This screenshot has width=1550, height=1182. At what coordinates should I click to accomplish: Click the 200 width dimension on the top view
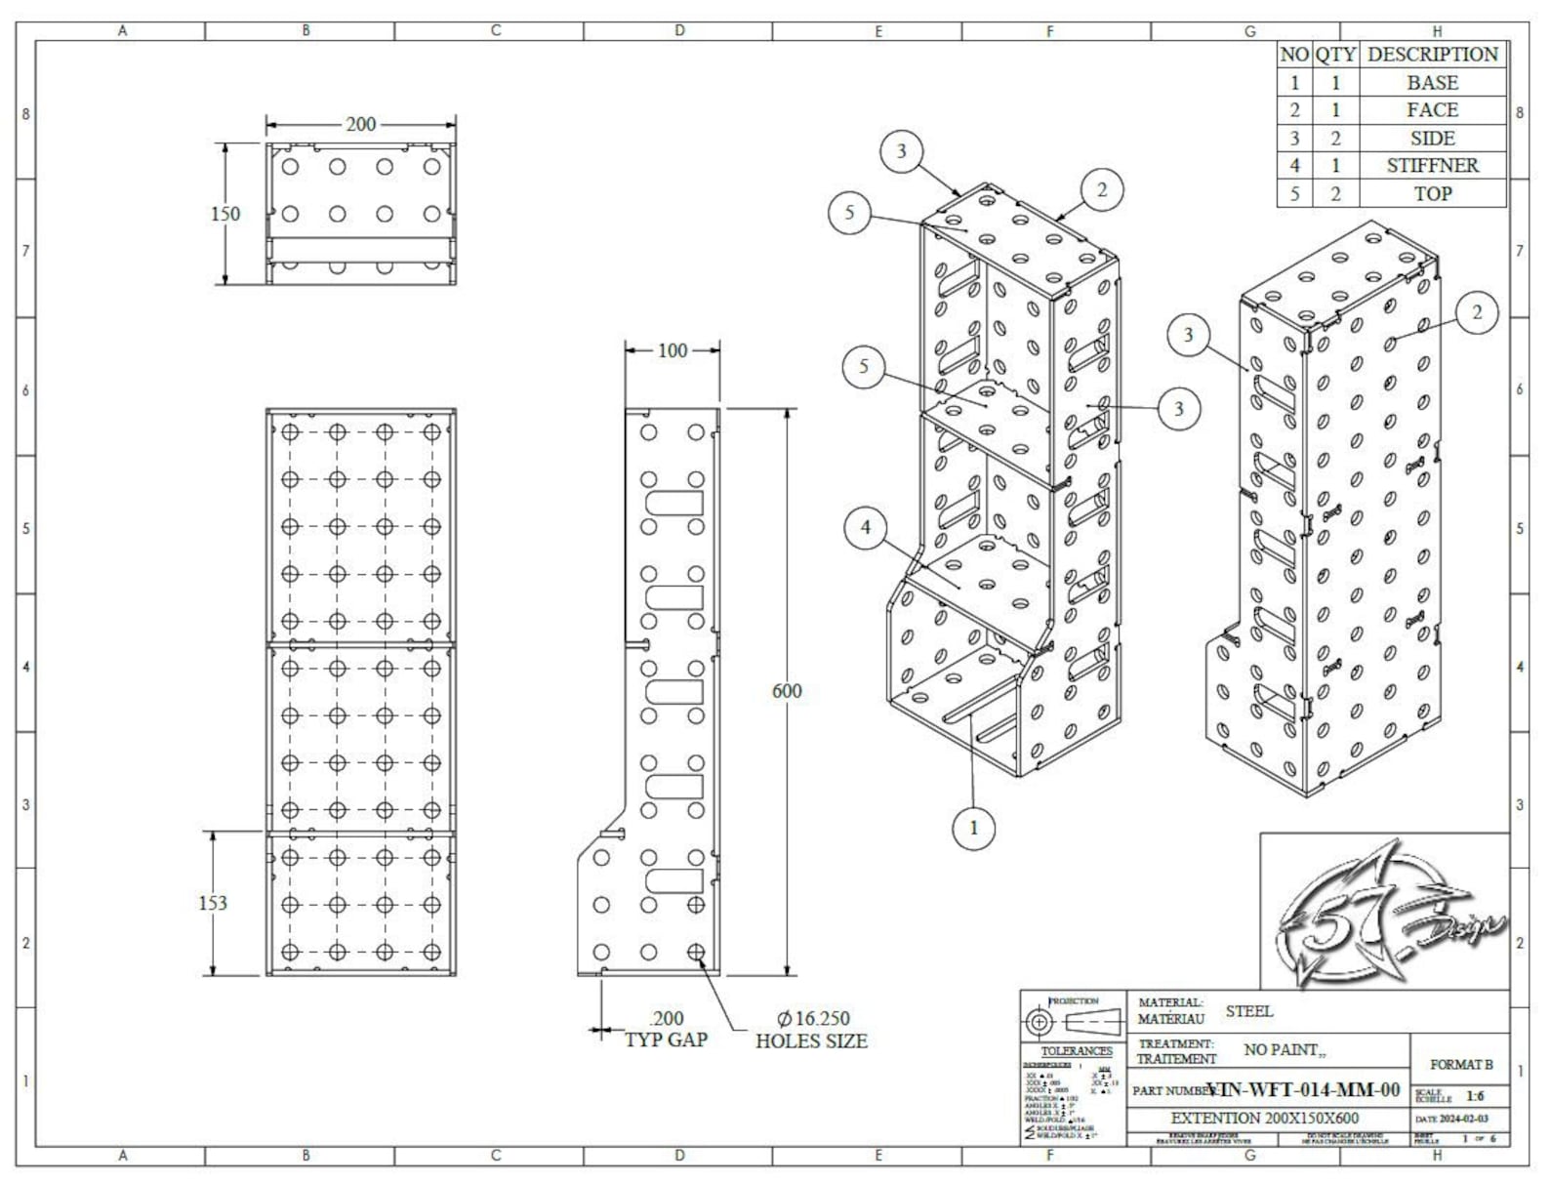360,125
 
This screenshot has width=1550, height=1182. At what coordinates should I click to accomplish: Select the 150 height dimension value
224,214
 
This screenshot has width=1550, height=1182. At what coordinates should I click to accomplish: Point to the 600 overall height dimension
787,691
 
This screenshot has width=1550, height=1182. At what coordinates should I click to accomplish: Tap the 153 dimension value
213,903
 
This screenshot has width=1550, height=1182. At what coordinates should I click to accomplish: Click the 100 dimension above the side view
673,350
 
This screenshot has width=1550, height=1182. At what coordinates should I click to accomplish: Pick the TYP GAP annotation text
666,1040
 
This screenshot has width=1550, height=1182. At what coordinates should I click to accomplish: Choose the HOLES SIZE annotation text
811,1041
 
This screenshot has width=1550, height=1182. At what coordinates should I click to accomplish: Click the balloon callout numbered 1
973,829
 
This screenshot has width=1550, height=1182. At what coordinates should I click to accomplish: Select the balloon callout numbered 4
866,528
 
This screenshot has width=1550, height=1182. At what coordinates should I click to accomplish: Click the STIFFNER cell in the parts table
1432,166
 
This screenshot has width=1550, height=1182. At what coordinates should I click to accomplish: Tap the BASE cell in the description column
1432,83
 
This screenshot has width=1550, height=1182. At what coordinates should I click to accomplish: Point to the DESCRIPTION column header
1432,55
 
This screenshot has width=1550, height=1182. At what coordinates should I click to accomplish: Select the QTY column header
1334,55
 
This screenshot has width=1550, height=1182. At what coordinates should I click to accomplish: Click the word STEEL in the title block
1249,1011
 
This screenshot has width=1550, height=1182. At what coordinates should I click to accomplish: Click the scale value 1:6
1474,1096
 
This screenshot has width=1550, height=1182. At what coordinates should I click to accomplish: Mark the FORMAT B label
1461,1065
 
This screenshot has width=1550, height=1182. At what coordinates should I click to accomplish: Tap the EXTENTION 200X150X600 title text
1264,1119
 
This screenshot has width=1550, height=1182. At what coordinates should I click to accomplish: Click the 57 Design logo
1386,913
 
